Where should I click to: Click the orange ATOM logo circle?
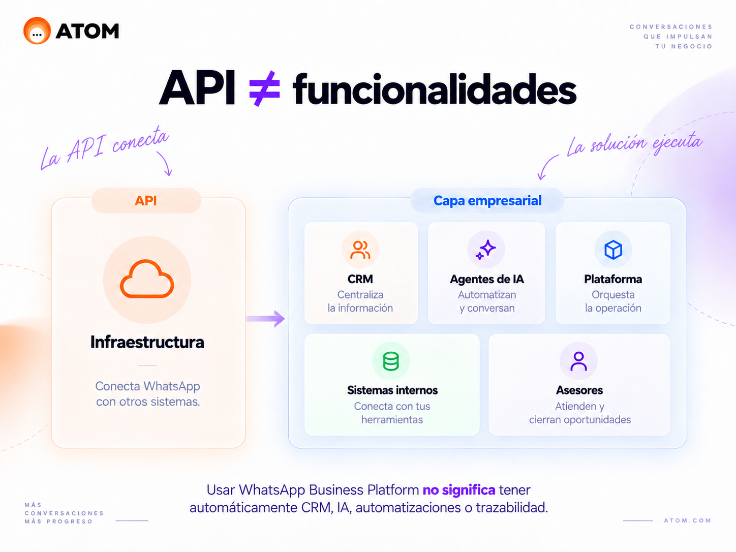tap(37, 30)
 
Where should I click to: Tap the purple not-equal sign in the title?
tap(264, 89)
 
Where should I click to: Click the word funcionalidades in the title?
tap(435, 88)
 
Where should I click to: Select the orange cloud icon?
tap(147, 279)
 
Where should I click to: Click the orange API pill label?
tap(146, 200)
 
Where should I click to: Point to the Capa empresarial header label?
tap(487, 200)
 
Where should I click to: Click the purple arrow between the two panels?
tap(265, 318)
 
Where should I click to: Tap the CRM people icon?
tap(360, 250)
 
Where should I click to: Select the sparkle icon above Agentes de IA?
tap(486, 250)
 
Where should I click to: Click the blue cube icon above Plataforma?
tap(613, 250)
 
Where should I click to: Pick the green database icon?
tap(391, 361)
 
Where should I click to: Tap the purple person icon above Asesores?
tap(578, 361)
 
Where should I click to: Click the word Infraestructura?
tap(147, 342)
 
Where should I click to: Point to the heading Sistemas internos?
tap(392, 390)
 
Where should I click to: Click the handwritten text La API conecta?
tap(105, 148)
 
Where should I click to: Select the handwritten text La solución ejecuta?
tap(634, 143)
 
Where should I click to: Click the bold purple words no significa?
tap(458, 490)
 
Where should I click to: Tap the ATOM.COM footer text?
tap(687, 520)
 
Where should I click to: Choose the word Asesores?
tap(579, 390)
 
